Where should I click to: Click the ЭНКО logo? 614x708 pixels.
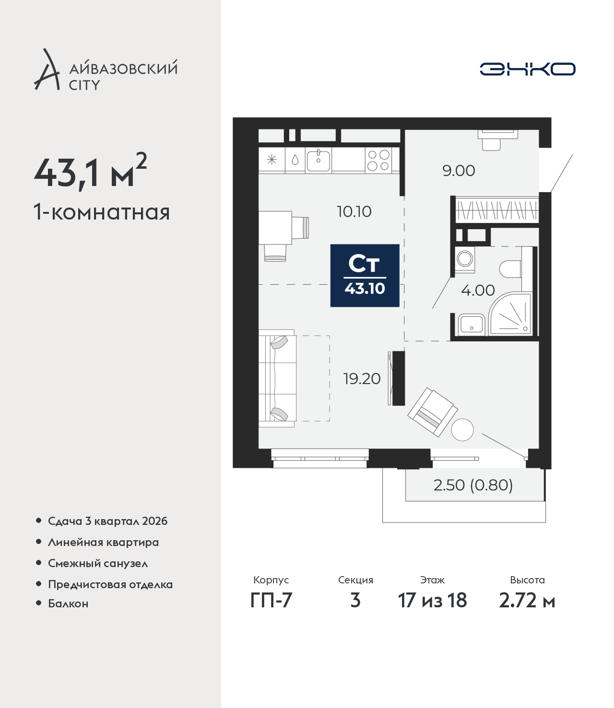[x=527, y=69]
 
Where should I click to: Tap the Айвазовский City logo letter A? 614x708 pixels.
[x=47, y=70]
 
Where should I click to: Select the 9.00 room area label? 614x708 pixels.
[x=459, y=171]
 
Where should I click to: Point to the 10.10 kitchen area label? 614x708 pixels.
[x=354, y=212]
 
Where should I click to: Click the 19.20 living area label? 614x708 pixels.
[x=362, y=379]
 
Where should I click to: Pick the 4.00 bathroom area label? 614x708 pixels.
[x=478, y=290]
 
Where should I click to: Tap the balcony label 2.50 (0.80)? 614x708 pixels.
[x=473, y=485]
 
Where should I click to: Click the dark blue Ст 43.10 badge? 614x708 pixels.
[x=365, y=276]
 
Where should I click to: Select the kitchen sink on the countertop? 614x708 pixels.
[x=318, y=160]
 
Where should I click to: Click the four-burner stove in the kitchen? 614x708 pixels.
[x=378, y=160]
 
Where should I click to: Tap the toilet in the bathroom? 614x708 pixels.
[x=510, y=269]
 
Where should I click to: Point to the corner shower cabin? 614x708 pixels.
[x=510, y=314]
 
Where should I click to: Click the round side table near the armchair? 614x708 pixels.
[x=462, y=429]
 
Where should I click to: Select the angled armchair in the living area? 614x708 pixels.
[x=433, y=412]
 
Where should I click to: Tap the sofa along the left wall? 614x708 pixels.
[x=277, y=379]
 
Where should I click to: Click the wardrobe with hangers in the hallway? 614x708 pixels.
[x=497, y=210]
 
